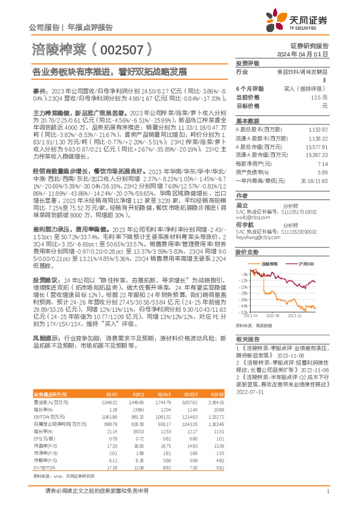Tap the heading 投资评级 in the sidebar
pyautogui.click(x=247, y=63)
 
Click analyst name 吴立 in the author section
pyautogui.click(x=243, y=205)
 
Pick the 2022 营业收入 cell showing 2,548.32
pyautogui.click(x=109, y=384)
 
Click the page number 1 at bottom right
pyautogui.click(x=326, y=491)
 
